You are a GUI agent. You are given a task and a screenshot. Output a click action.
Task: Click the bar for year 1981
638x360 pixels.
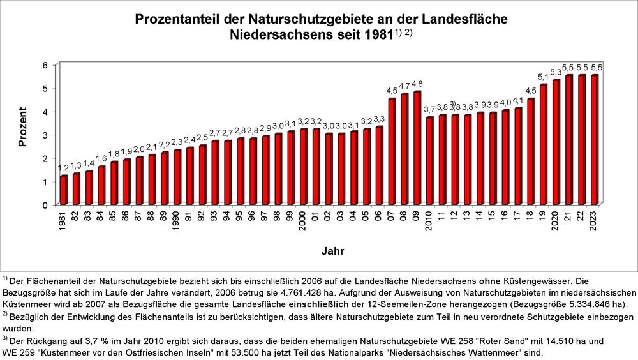point(64,190)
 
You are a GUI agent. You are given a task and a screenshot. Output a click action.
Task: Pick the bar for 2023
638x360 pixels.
point(593,140)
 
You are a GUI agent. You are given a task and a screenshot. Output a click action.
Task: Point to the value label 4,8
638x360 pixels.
point(417,84)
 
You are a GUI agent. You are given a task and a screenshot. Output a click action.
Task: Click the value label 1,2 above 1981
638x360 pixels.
point(64,168)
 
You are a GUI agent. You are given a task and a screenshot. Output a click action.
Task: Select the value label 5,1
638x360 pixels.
point(543,77)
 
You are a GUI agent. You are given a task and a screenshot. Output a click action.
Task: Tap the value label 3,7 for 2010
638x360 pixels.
point(429,110)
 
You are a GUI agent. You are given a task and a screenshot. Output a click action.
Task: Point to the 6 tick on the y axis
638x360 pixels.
point(45,65)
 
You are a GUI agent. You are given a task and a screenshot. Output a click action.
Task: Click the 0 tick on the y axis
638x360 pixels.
point(45,205)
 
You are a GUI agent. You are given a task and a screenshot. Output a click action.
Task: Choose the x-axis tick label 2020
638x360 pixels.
point(556,221)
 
